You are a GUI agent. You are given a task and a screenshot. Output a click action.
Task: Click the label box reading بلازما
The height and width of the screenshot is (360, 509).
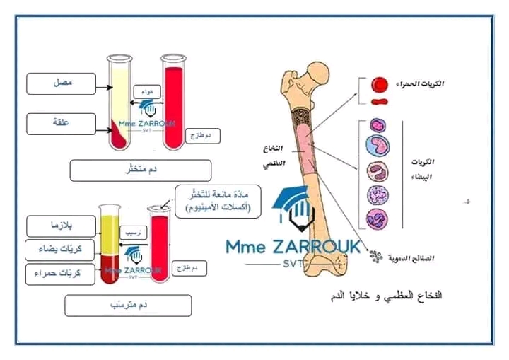click(x=61, y=226)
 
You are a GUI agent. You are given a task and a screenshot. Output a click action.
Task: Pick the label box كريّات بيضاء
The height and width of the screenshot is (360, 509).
click(x=61, y=249)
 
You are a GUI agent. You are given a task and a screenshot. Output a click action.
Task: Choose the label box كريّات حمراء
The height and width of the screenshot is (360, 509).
click(x=61, y=273)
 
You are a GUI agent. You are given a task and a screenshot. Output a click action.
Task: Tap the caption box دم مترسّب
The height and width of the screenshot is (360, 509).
click(x=127, y=305)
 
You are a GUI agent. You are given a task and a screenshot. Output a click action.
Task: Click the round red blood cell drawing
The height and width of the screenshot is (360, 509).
click(x=380, y=85)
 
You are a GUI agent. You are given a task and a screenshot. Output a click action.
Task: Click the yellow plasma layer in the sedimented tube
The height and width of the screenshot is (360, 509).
click(x=110, y=230)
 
